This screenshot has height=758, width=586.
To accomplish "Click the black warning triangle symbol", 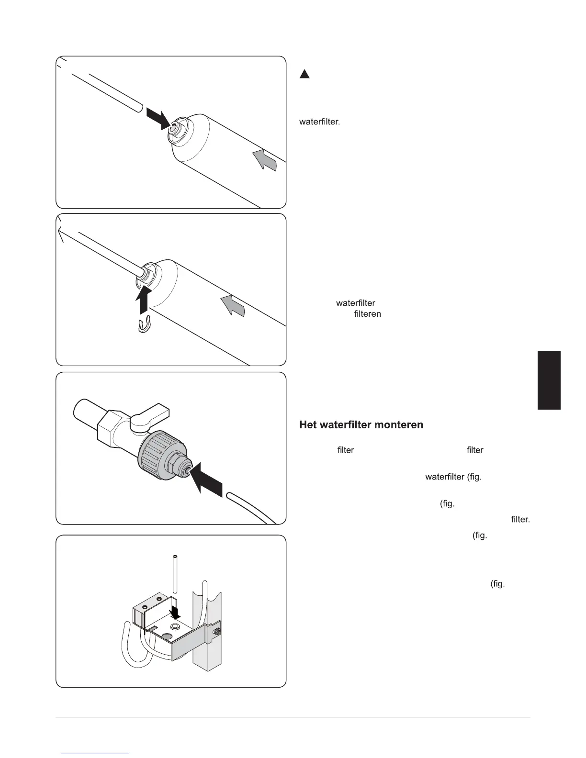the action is (305, 74).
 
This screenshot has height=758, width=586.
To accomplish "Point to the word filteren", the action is (367, 314).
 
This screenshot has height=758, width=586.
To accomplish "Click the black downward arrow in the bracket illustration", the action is (176, 611).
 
